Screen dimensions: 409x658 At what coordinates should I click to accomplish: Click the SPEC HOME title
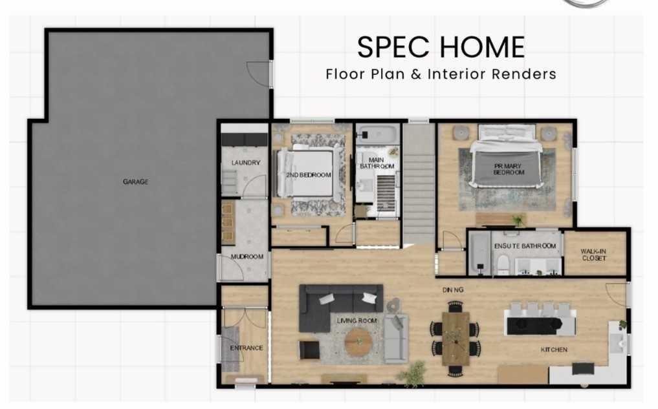point(441,48)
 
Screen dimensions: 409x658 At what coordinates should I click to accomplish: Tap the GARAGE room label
point(135,182)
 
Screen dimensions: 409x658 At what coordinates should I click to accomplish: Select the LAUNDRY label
point(245,163)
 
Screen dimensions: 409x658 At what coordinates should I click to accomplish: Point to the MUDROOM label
point(247,257)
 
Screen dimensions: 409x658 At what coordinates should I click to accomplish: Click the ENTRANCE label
point(247,348)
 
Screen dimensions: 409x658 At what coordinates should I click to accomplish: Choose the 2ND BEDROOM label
point(309,175)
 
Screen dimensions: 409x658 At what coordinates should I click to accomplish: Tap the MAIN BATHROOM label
point(377,163)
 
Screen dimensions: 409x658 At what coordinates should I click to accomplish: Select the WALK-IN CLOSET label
point(593,255)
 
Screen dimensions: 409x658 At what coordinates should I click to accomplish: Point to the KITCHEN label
point(554,350)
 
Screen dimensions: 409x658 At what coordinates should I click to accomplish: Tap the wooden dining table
point(456,338)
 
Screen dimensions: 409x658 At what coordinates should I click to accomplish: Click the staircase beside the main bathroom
point(419,187)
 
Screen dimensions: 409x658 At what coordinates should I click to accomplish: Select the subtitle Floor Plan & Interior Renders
point(441,74)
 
